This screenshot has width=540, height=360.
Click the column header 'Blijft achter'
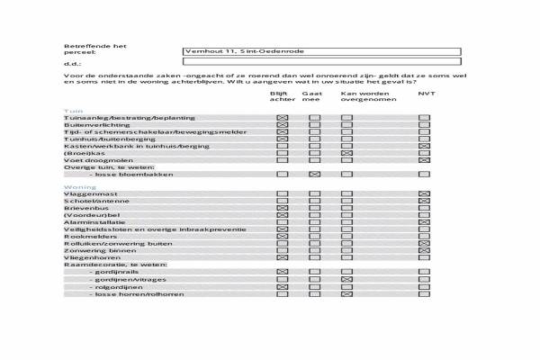point(282,96)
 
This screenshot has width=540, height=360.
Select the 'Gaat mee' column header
point(312,96)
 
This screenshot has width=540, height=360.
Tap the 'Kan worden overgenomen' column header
point(364,96)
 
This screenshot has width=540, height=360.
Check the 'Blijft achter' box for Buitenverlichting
point(282,125)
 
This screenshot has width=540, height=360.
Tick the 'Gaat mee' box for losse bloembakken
point(314,174)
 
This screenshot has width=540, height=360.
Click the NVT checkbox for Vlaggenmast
point(424,193)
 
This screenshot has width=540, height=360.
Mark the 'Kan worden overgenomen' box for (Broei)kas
point(346,153)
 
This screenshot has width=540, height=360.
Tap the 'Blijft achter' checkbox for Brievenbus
point(282,208)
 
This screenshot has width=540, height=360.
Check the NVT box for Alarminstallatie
point(424,222)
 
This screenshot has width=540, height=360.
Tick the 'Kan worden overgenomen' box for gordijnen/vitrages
point(346,280)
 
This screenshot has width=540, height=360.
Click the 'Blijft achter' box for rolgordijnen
point(282,287)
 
